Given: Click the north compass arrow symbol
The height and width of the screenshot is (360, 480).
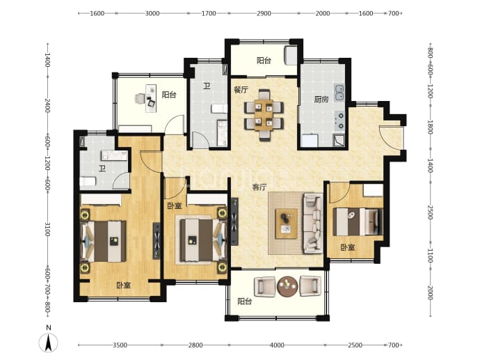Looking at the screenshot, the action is point(49,343).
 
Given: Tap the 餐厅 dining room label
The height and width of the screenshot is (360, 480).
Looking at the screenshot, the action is point(241,90).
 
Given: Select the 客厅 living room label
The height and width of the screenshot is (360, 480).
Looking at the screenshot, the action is point(259,187).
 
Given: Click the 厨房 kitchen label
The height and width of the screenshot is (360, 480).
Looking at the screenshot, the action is point(321,100).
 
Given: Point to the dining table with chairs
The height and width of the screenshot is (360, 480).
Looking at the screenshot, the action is point(264,115).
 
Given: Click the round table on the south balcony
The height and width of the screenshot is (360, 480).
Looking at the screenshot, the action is point(287,287).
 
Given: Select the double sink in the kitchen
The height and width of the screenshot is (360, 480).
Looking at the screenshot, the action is point(339,93).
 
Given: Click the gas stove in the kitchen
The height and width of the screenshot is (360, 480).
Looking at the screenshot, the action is point(339,120).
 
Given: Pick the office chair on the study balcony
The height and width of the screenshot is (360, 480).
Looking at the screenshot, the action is point(140,98).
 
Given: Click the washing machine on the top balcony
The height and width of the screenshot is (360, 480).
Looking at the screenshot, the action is point(291,56).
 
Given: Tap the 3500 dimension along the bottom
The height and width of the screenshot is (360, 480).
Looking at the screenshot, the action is point(120,345).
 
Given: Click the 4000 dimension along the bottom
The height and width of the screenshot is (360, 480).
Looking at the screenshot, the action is point(277,345).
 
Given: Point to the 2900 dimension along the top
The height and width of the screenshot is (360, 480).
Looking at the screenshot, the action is point(264,13).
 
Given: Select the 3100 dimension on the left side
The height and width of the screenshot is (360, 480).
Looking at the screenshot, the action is point(47,229).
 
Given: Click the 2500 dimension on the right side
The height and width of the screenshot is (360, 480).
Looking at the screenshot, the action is point(430,212).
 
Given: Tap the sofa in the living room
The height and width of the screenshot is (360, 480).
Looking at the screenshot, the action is point(313,224).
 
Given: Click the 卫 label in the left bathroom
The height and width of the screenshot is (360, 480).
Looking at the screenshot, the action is point(102,169).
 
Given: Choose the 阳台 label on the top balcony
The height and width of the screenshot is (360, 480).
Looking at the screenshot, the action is point(264,61).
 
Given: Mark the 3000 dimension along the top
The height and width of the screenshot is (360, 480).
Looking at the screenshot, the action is point(152,13).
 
